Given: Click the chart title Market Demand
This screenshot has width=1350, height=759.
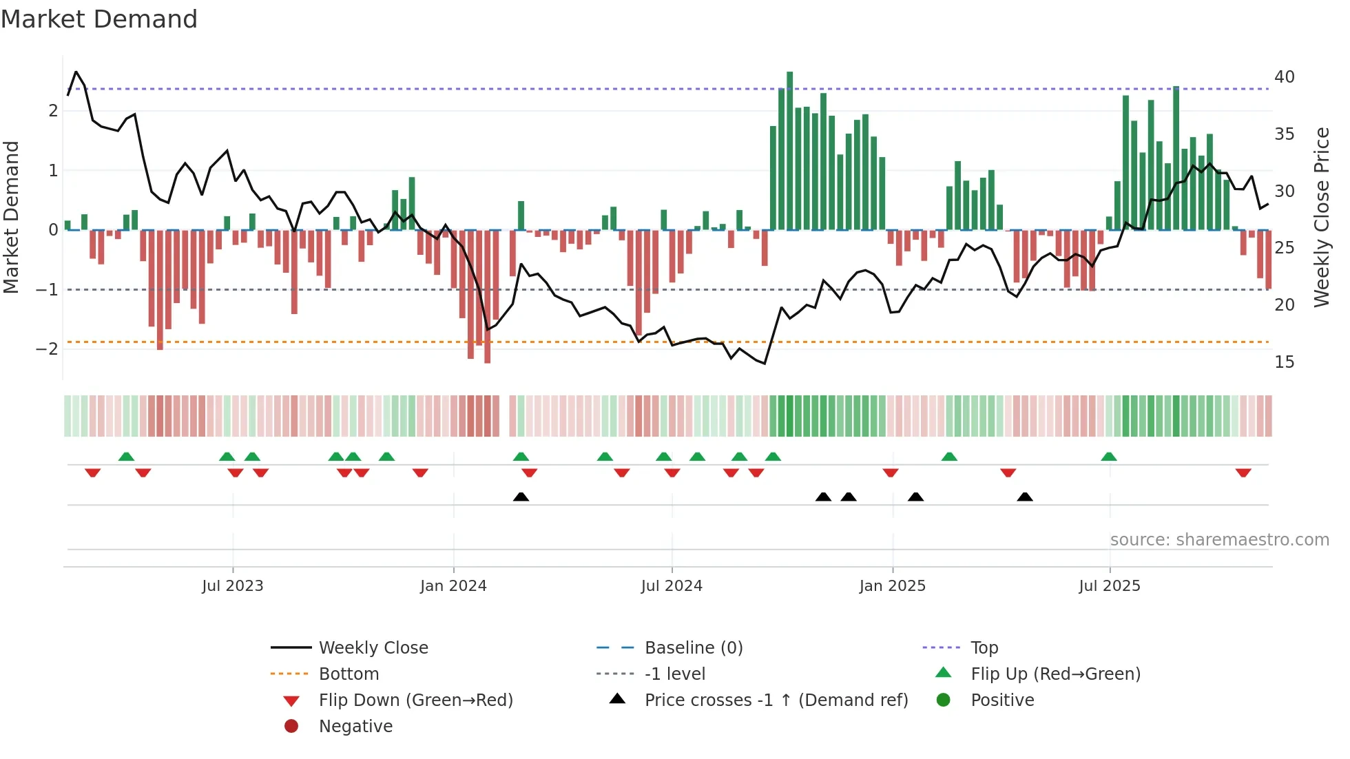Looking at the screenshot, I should (x=99, y=19).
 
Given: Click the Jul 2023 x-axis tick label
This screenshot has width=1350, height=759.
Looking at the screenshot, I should (x=232, y=586).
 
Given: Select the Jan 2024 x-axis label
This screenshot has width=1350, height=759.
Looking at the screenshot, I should (x=453, y=586).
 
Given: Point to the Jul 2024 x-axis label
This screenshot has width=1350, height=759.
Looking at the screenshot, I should (x=672, y=586).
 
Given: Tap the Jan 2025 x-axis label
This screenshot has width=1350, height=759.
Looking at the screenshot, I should (x=892, y=586).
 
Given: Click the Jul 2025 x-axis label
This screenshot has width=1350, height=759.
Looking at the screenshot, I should (x=1110, y=586).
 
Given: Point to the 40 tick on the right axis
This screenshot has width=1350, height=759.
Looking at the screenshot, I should (x=1285, y=77).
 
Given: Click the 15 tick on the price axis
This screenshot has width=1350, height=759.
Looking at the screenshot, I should (x=1285, y=362).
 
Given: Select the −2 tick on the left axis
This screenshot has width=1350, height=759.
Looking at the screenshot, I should (x=47, y=349).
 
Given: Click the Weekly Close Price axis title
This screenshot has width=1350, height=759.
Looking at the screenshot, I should (x=1322, y=217).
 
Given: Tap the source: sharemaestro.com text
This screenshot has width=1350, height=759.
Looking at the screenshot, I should (x=1219, y=540).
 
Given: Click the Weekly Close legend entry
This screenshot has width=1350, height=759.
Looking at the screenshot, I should (x=373, y=648).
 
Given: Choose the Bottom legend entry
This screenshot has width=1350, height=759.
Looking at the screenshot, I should (x=349, y=674).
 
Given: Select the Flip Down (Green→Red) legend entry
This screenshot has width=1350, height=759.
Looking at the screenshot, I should (x=415, y=700).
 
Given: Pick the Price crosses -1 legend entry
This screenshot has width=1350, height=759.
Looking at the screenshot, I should (x=776, y=700).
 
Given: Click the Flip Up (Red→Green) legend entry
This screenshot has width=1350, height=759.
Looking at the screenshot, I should (x=1055, y=674).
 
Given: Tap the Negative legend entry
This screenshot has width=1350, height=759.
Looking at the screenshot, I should (x=355, y=727).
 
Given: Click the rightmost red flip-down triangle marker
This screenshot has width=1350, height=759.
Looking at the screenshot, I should (x=1243, y=472).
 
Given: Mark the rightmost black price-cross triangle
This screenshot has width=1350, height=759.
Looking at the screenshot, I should (x=1025, y=497).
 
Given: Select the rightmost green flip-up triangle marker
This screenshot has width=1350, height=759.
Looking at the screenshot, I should (x=1109, y=457).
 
